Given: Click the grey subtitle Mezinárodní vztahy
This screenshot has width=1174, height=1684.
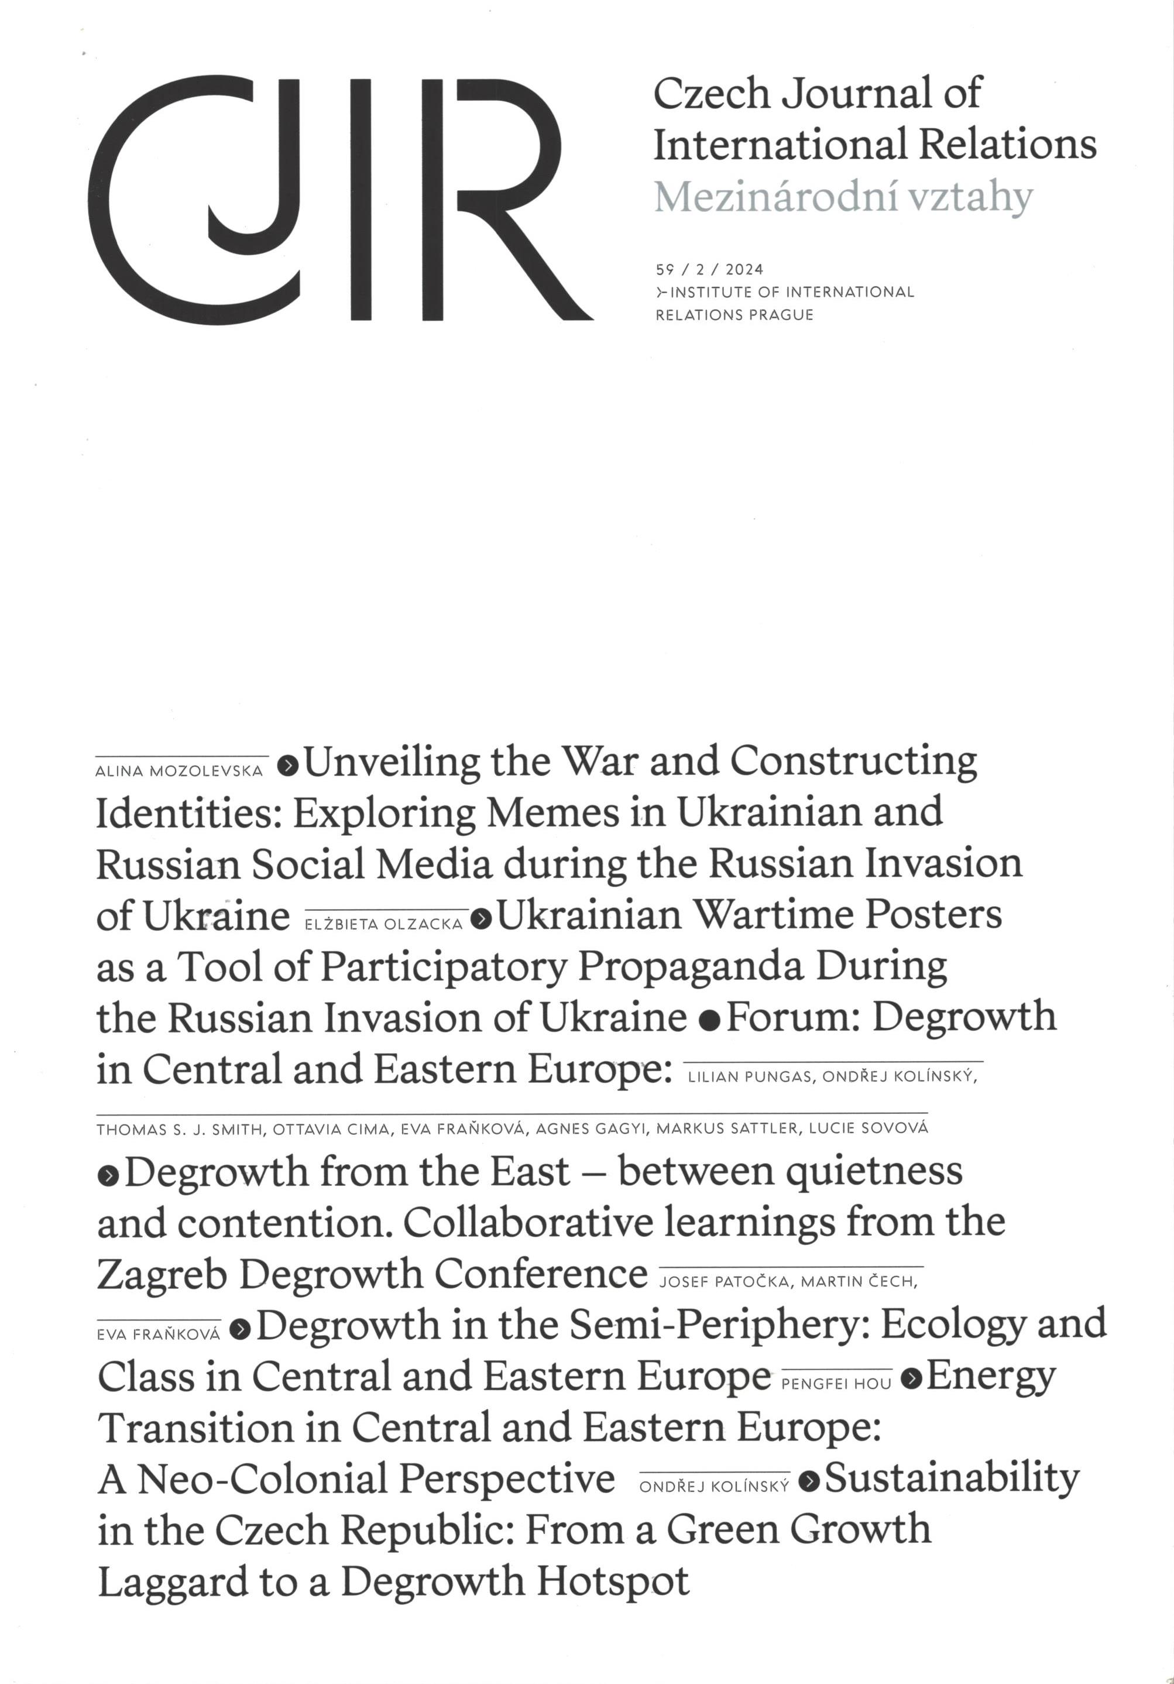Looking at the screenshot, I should coord(843,197).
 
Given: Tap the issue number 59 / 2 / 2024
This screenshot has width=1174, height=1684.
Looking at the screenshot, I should coord(709,270).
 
